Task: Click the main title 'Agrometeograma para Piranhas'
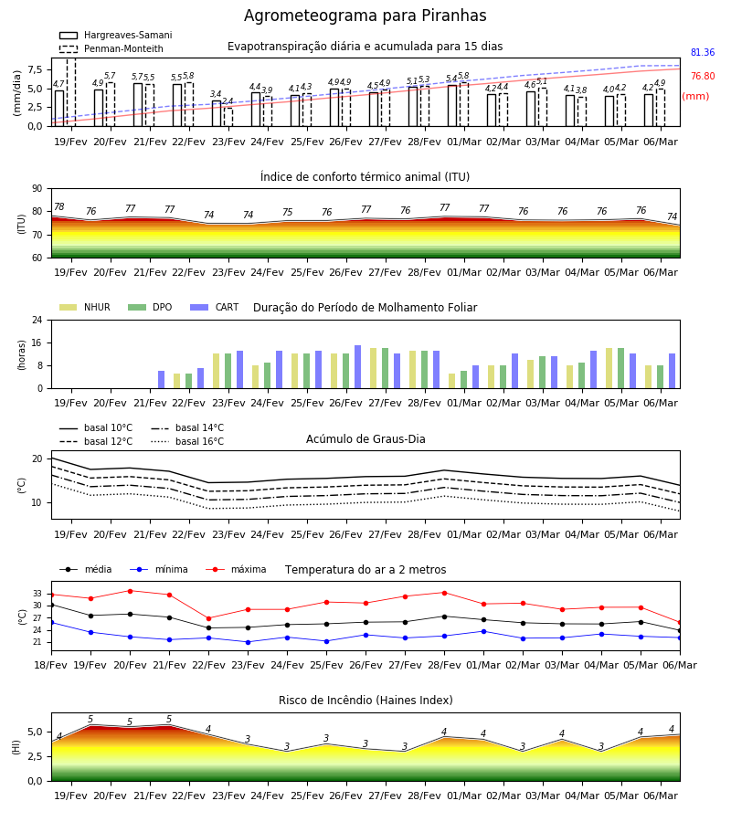tap(365, 16)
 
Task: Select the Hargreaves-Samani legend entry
tap(115, 35)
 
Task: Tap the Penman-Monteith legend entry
tap(111, 48)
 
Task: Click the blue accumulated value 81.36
tap(703, 52)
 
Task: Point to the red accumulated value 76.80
tap(703, 76)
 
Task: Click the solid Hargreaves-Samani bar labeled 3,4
tap(217, 113)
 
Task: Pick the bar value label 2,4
tap(228, 101)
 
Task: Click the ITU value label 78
tap(59, 206)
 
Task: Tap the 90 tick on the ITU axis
tap(37, 189)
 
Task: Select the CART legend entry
tap(215, 307)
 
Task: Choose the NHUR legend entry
tap(85, 307)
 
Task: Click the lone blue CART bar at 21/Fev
tap(162, 380)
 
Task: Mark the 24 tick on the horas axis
tap(37, 320)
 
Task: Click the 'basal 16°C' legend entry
tap(187, 441)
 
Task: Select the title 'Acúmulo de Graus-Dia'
tap(365, 438)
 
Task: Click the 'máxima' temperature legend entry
tap(236, 569)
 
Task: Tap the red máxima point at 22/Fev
tap(208, 618)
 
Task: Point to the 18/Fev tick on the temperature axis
tap(51, 665)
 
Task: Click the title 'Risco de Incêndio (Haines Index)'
tap(365, 701)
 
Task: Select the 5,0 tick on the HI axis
tap(35, 732)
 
